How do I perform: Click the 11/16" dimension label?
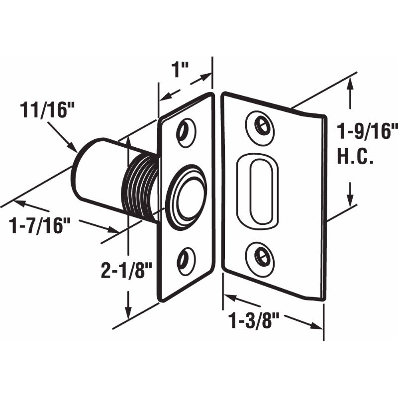43,109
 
